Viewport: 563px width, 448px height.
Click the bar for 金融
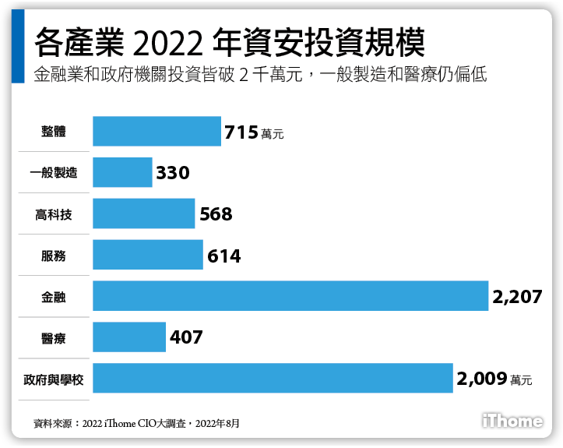pos(290,296)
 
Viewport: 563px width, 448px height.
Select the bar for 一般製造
pos(122,172)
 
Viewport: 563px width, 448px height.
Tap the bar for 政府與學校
pos(273,379)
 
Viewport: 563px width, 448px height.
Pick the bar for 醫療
pos(129,337)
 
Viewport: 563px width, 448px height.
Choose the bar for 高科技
pos(143,213)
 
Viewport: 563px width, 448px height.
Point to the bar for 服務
pos(148,255)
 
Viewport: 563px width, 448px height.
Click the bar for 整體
pos(157,132)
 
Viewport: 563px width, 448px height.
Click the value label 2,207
pos(517,297)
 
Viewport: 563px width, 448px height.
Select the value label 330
pos(173,173)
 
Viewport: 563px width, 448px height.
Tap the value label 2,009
pos(481,379)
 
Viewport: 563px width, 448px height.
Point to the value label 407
pos(185,338)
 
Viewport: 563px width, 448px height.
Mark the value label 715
pos(241,132)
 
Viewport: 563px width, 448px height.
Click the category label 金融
pos(54,297)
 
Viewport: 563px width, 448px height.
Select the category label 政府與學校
pos(54,379)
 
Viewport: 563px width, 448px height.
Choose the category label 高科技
pos(54,214)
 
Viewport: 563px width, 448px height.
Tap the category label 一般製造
pos(54,173)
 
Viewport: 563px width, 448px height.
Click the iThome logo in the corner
pos(512,422)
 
